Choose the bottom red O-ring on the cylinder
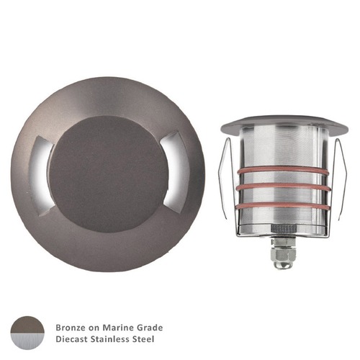277,204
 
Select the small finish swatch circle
28,332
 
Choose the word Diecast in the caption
73,338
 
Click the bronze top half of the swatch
28,325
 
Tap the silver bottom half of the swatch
28,340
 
